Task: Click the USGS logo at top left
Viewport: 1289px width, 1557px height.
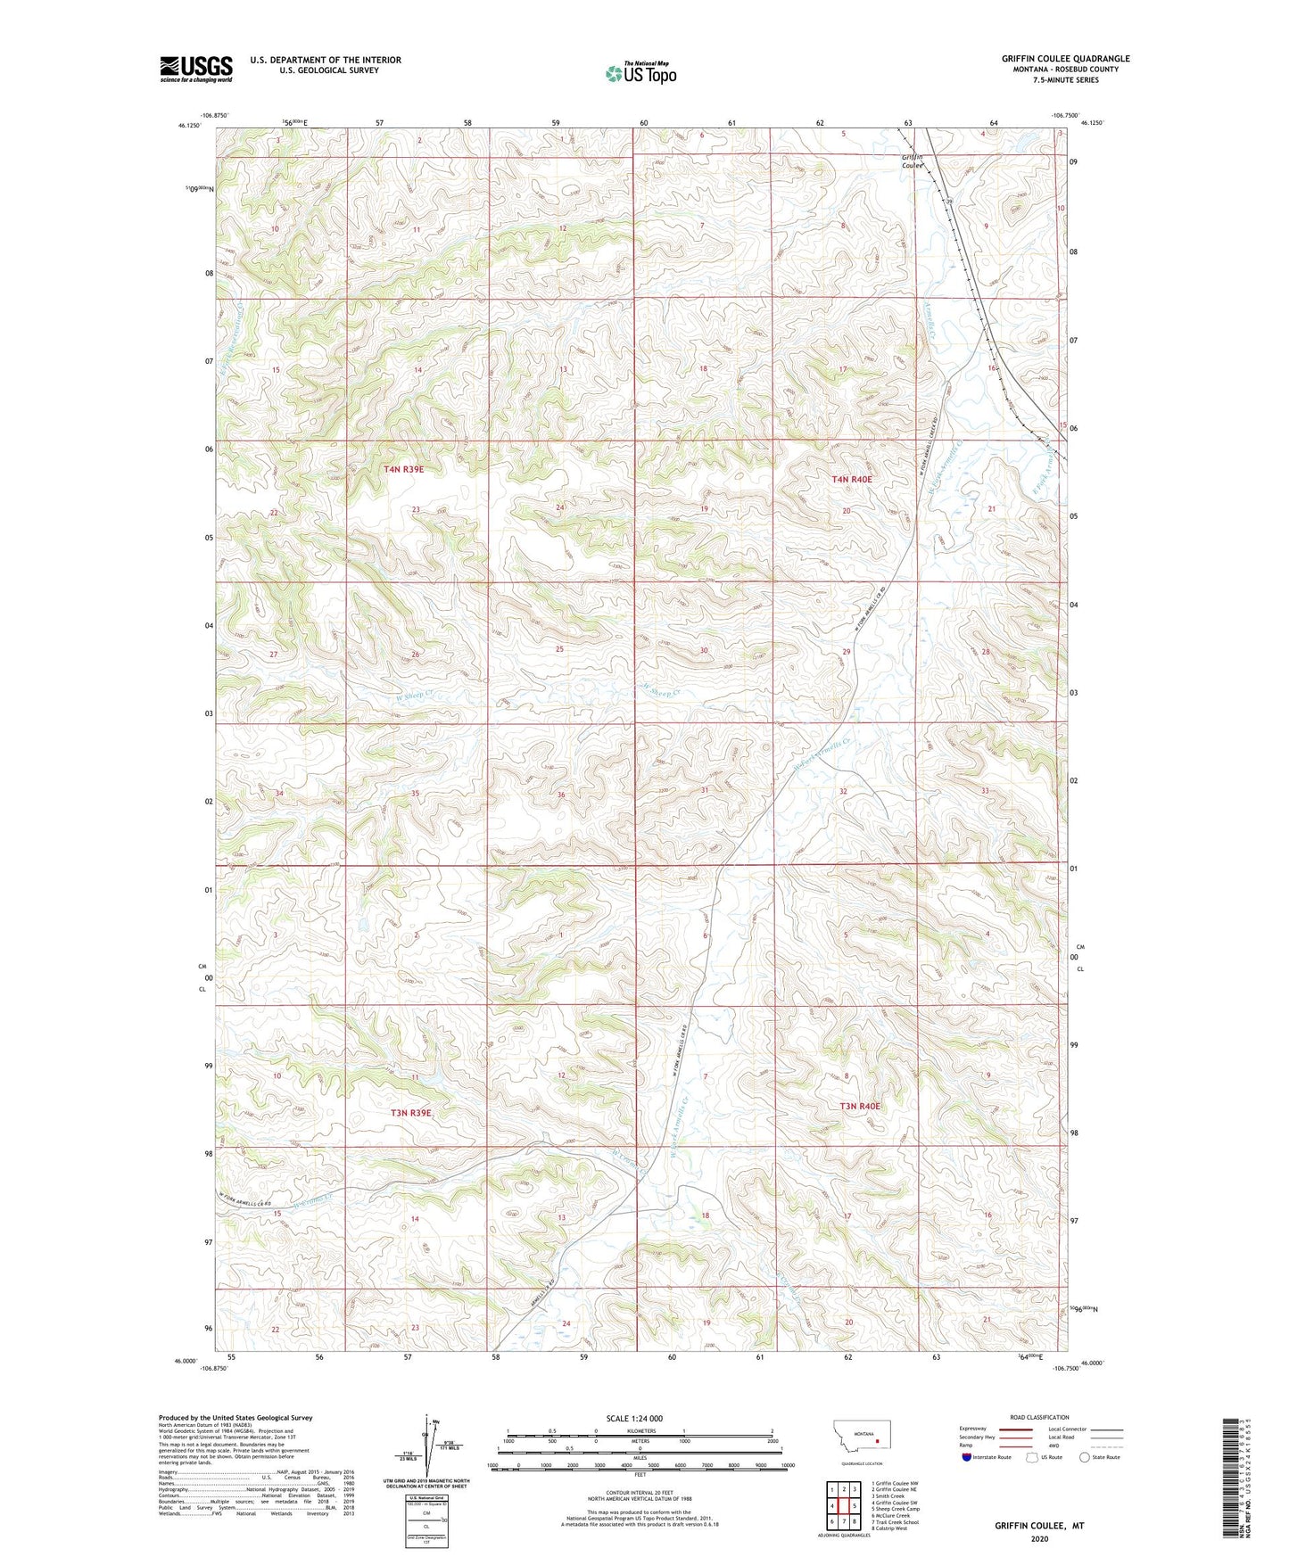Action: tap(195, 69)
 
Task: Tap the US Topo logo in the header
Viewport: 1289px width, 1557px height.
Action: tap(640, 73)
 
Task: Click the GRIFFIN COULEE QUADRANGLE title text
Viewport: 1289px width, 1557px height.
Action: tap(1065, 59)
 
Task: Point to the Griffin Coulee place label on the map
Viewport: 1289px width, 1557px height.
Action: tap(912, 161)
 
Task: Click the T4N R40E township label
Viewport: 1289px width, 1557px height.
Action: tap(851, 480)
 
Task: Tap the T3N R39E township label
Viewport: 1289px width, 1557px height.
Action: tap(410, 1113)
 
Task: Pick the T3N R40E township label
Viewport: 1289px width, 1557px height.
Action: tap(860, 1107)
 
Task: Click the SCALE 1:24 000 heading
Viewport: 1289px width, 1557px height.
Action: tap(634, 1419)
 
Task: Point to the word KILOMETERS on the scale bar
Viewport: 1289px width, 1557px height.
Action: tap(640, 1431)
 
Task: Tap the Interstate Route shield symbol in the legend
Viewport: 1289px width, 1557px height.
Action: tap(967, 1458)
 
